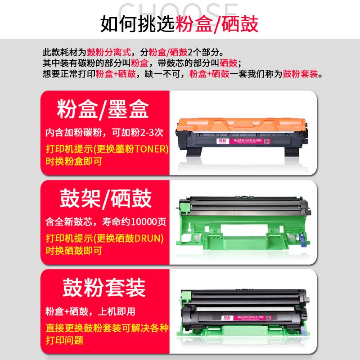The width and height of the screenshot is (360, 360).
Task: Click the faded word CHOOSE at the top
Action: [180, 10]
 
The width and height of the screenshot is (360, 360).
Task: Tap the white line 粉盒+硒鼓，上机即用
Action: [90, 311]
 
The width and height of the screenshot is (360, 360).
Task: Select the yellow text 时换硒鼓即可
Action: [74, 250]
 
